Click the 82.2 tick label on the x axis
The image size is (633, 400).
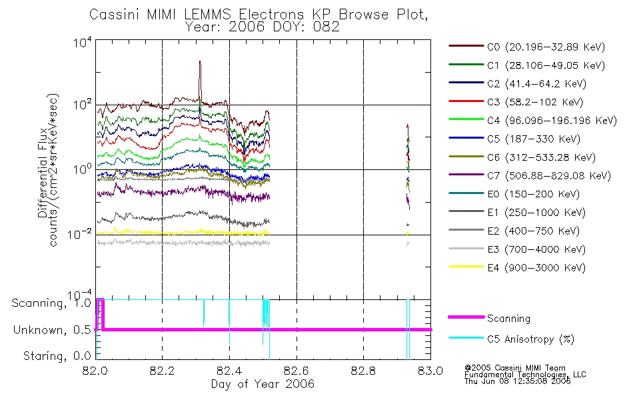(x=163, y=371)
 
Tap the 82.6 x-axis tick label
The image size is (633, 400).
(x=297, y=371)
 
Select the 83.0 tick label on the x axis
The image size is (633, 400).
(x=431, y=371)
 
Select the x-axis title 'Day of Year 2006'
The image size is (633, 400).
(x=263, y=384)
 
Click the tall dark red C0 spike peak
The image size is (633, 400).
(x=200, y=62)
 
